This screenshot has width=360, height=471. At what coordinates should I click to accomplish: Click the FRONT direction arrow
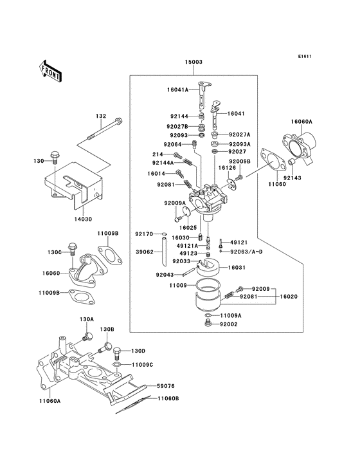(x=51, y=69)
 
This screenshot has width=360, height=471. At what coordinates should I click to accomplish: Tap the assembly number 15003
(x=194, y=62)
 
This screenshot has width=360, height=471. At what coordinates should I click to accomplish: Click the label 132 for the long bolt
(x=101, y=116)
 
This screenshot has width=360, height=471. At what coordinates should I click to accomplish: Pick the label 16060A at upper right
(x=301, y=121)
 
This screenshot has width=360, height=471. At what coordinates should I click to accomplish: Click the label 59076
(x=166, y=386)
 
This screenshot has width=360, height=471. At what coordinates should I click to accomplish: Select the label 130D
(x=139, y=351)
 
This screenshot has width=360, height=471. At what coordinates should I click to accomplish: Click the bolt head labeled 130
(x=55, y=156)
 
